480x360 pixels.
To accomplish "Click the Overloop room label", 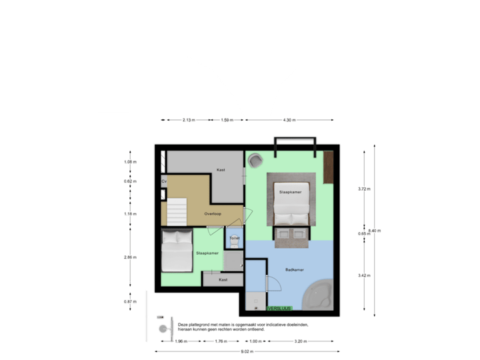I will [213, 214].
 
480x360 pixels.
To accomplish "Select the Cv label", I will [163, 181].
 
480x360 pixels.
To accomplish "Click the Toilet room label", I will [234, 238].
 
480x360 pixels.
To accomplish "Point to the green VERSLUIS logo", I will [279, 309].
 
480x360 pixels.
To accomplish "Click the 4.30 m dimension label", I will [289, 120].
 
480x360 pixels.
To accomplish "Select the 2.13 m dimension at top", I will [188, 120].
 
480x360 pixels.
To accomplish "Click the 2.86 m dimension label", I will [130, 257].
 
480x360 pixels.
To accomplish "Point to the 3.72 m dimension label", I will [363, 189].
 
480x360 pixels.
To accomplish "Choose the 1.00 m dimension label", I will [254, 341].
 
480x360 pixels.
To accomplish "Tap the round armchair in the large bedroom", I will [255, 161].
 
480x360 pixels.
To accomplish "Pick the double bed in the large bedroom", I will [291, 202].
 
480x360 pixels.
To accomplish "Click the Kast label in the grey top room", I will [221, 170].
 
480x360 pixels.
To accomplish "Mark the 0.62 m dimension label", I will [130, 181].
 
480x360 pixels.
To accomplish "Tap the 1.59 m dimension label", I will [227, 120].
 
